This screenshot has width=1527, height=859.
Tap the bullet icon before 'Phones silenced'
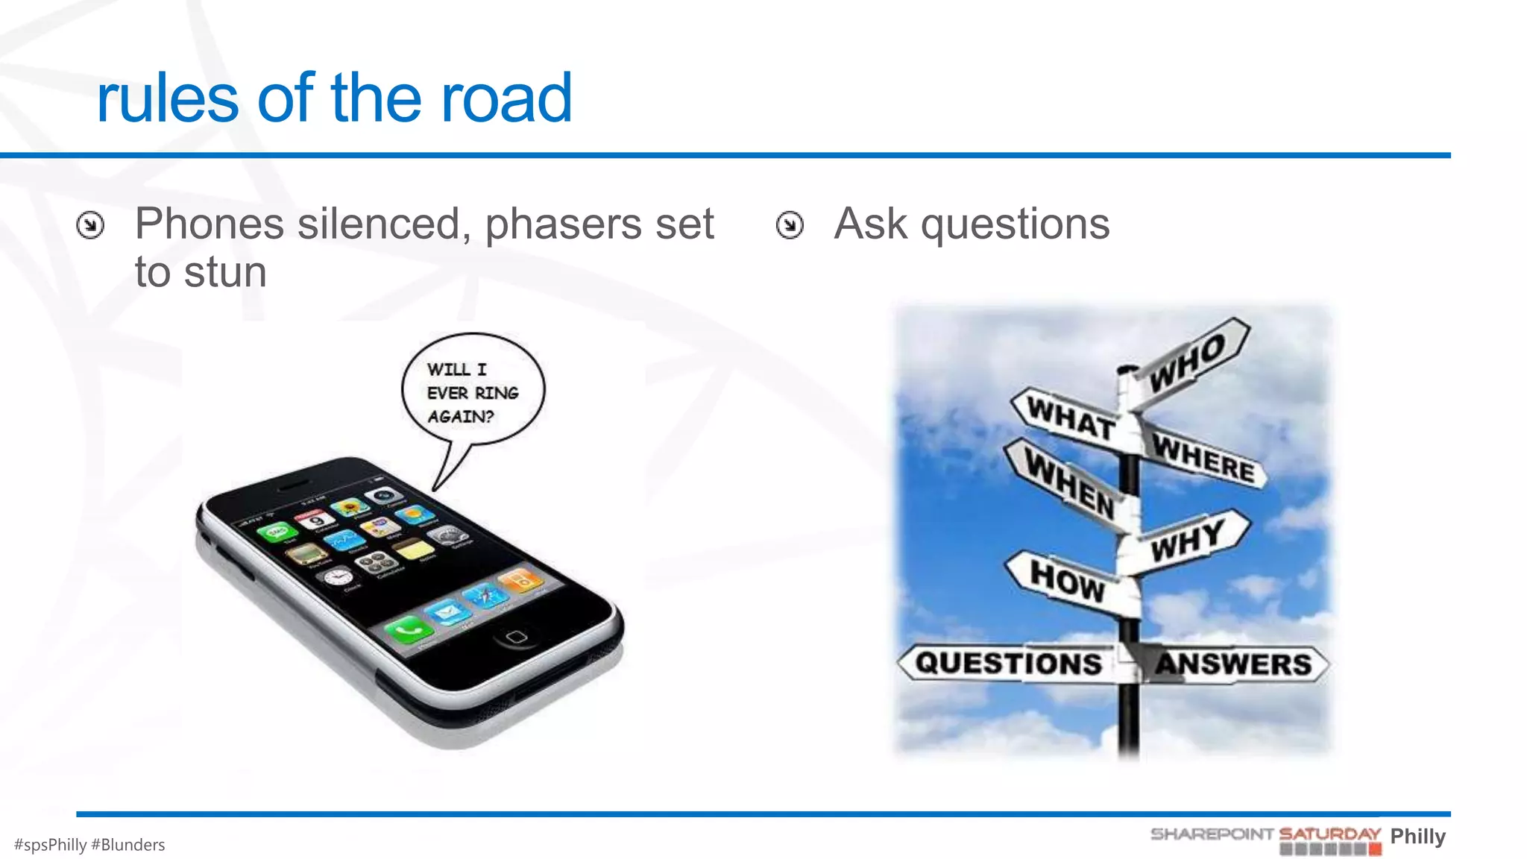click(x=90, y=224)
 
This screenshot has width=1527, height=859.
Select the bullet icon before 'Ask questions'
click(x=790, y=224)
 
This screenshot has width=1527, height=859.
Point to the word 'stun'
click(x=225, y=272)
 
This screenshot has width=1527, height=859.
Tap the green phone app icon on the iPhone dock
click(x=408, y=631)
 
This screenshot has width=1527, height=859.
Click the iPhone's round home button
click(x=516, y=636)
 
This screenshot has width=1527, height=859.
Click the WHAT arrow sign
click(x=1071, y=418)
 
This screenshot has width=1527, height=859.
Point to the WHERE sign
click(x=1203, y=457)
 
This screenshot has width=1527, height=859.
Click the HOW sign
click(x=1066, y=580)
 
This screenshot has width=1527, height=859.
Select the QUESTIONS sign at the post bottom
click(x=1008, y=663)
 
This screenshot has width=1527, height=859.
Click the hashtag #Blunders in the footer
click(x=127, y=845)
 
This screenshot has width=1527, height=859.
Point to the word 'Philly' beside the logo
click(x=1417, y=836)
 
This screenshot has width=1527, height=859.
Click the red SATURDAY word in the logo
click(x=1329, y=834)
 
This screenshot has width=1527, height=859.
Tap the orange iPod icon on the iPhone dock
click(x=522, y=579)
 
